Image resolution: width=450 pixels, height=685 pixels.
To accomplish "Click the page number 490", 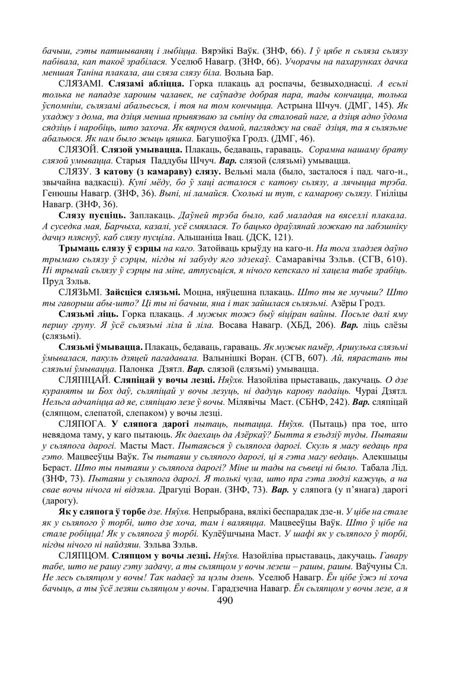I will click(225, 600).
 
